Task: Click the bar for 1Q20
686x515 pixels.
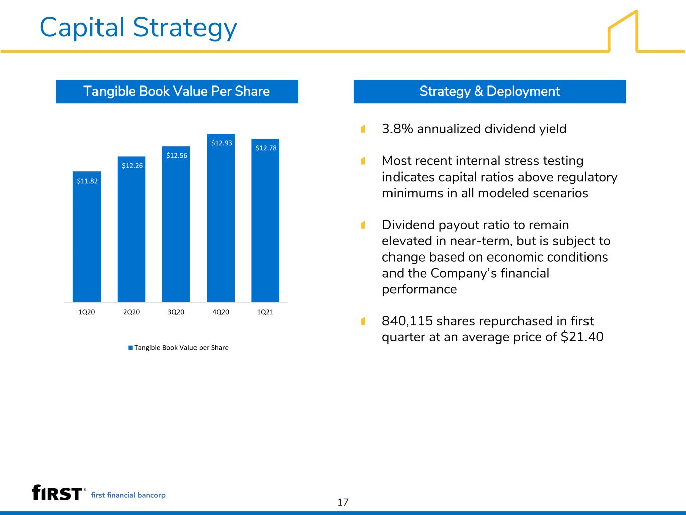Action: [86, 237]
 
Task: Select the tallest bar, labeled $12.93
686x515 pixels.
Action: [221, 218]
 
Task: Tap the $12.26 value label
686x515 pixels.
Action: [132, 166]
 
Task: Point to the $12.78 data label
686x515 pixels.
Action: [266, 148]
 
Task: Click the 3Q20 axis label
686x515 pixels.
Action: [176, 312]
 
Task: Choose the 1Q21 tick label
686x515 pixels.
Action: [265, 312]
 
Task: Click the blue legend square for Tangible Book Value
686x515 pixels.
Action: [130, 348]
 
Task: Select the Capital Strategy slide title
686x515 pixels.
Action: [138, 28]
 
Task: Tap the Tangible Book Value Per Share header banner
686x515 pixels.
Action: [177, 92]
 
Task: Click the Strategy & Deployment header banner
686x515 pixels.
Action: [489, 92]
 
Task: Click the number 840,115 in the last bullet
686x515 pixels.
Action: [407, 321]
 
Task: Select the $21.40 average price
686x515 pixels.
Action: [582, 337]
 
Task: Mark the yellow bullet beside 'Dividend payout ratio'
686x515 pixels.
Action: [363, 225]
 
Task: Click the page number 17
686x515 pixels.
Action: [343, 502]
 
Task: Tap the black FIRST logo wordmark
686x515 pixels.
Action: [57, 493]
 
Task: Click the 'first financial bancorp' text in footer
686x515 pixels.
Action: [128, 495]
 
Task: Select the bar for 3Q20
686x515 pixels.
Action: [176, 224]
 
